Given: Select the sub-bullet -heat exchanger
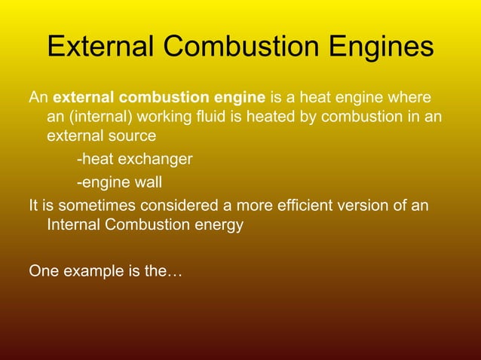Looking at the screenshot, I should (x=134, y=160).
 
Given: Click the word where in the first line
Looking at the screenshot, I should (x=411, y=98).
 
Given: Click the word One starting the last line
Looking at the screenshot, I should (x=43, y=270).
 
